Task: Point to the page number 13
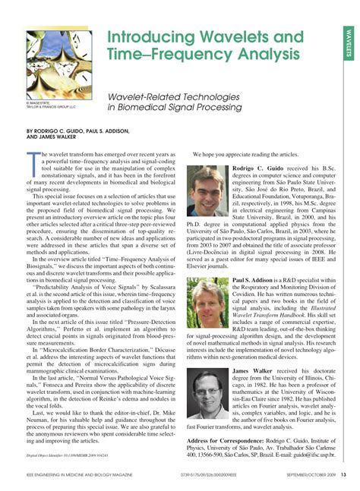[343, 476]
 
